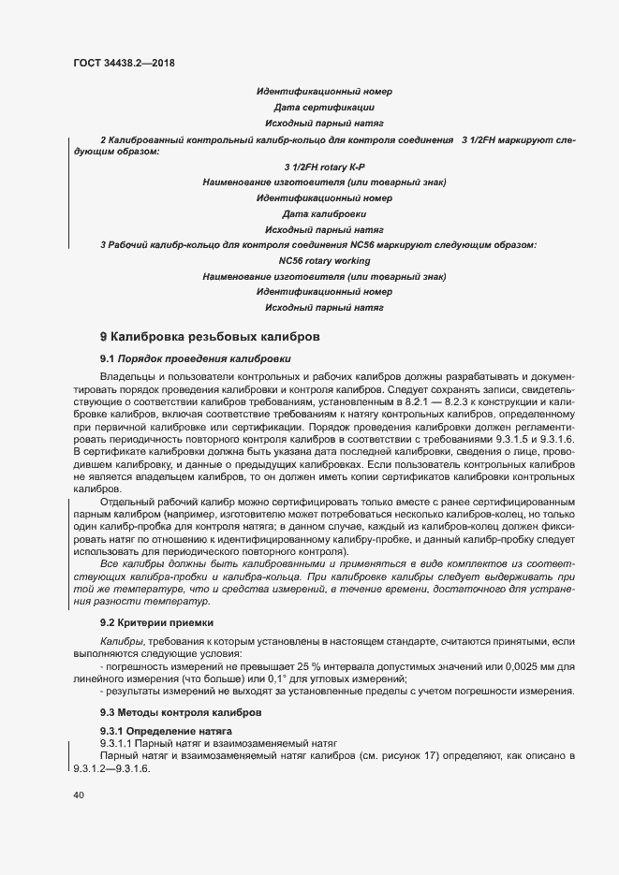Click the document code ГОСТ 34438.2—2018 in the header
click(124, 64)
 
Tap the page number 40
click(79, 795)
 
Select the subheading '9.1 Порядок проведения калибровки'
click(196, 358)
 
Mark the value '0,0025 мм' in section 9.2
click(519, 665)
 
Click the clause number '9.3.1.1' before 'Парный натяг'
click(120, 742)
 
